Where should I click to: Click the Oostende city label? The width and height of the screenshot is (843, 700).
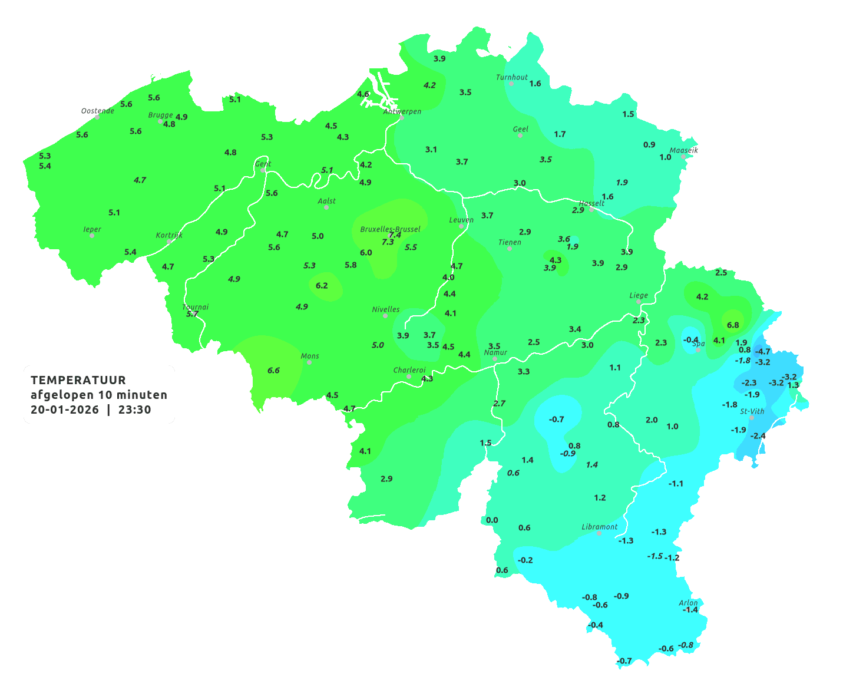[x=97, y=111]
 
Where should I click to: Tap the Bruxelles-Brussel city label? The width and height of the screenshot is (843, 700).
[x=390, y=229]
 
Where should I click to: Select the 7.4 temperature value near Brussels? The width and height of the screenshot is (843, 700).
[x=395, y=235]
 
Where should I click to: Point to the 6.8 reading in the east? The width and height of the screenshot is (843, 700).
[x=733, y=325]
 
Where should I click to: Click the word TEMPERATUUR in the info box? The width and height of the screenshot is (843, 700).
[x=78, y=380]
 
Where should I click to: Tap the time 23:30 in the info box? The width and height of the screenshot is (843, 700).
[x=134, y=410]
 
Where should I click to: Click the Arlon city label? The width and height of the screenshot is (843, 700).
[x=688, y=602]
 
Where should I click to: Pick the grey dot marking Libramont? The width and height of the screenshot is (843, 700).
[x=599, y=533]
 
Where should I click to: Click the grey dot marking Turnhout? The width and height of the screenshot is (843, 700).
[x=511, y=84]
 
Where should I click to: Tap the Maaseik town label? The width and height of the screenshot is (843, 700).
[x=683, y=150]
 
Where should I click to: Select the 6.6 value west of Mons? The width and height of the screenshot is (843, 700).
[x=273, y=371]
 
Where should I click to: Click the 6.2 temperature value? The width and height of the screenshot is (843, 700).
[x=322, y=286]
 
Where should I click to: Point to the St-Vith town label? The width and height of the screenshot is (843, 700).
[x=752, y=411]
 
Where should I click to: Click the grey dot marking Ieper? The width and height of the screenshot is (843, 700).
[x=92, y=235]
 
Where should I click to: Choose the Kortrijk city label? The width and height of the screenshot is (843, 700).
[x=169, y=235]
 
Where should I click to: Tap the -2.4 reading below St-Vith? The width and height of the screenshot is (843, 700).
[x=758, y=436]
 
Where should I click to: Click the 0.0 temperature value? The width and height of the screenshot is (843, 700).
[x=492, y=520]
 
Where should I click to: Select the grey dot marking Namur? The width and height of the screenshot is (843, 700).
[x=495, y=359]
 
